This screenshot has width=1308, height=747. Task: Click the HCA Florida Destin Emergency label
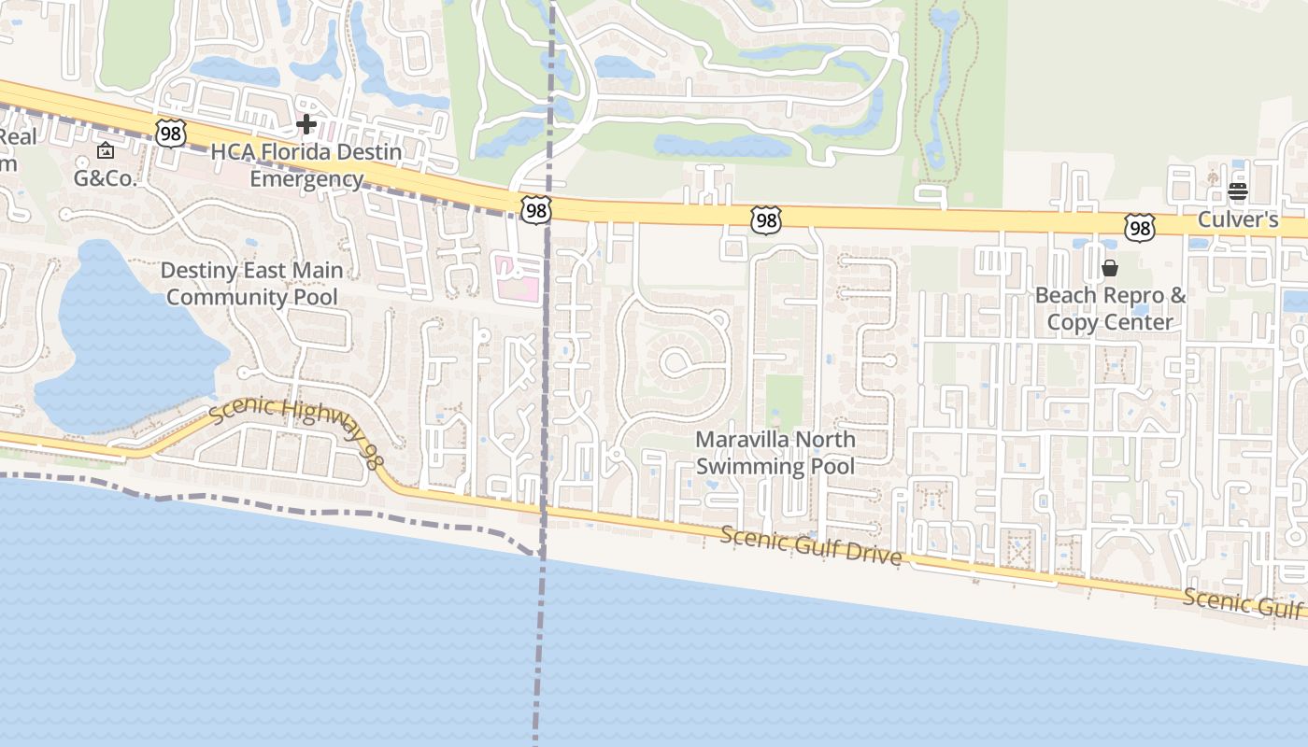coord(306,165)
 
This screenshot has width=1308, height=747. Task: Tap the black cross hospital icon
coord(306,123)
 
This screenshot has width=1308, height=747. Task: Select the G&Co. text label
coord(106,178)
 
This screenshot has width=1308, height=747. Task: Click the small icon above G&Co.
coord(106,150)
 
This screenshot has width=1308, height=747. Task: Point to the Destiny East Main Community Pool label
coord(251,284)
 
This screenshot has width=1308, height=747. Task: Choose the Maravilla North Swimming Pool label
coord(775,452)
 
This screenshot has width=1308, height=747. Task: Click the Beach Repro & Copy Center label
coord(1110,309)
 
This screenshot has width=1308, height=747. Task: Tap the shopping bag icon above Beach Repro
coord(1110,269)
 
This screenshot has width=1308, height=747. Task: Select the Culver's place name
coord(1239,220)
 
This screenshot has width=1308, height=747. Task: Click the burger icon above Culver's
coord(1238,192)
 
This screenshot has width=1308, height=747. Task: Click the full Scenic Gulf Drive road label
coord(811,545)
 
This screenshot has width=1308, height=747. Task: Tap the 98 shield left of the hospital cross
coord(170,134)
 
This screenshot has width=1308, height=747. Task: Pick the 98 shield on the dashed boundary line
coord(536,210)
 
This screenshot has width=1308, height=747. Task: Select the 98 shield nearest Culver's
coord(1140,227)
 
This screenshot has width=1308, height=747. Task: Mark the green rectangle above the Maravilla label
coord(784,402)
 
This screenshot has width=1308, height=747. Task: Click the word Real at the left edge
coord(18,137)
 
